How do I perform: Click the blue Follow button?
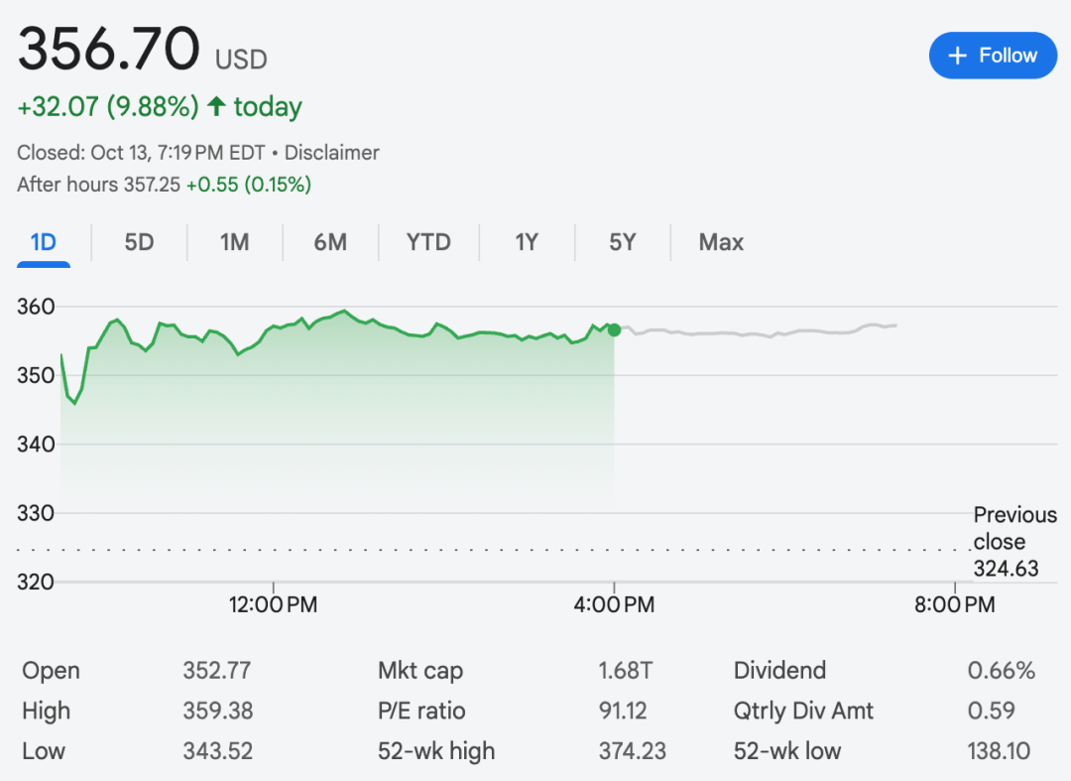pos(993,56)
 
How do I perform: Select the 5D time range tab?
pos(139,242)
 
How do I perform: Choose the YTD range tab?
pos(428,242)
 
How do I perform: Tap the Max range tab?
pos(721,242)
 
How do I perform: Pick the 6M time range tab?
pos(330,242)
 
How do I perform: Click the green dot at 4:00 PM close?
pos(614,329)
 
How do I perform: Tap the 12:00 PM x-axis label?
pos(273,604)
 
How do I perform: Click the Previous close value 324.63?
pos(1006,568)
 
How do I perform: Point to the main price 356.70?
pos(109,50)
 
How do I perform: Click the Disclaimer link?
pos(331,153)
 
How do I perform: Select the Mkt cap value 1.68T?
pos(625,671)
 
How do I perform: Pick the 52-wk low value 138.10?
pos(999,751)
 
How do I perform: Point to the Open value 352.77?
pos(216,671)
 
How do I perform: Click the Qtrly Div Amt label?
pos(803,712)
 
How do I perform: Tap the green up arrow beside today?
pos(216,106)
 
